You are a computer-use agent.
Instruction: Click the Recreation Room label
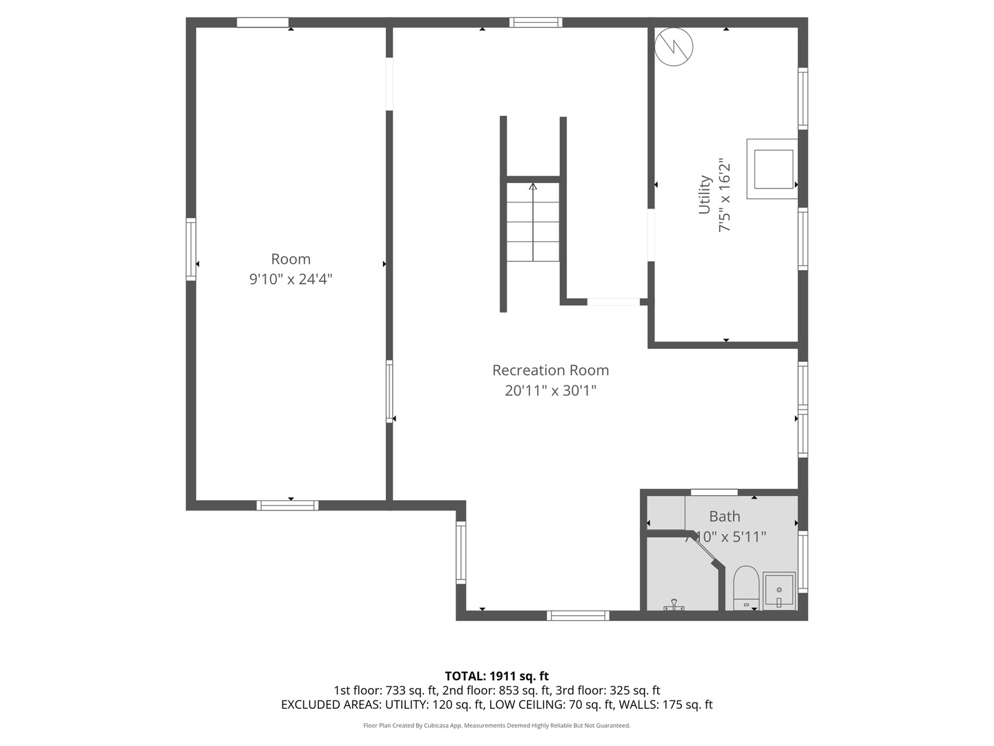pyautogui.click(x=550, y=370)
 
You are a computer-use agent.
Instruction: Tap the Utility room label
pyautogui.click(x=704, y=194)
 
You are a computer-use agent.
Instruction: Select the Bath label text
pyautogui.click(x=724, y=517)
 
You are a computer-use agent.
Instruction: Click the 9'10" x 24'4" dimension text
pyautogui.click(x=291, y=279)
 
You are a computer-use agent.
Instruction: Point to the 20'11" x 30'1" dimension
pyautogui.click(x=550, y=391)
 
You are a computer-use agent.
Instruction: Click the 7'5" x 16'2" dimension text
pyautogui.click(x=724, y=195)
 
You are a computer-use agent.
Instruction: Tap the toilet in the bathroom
pyautogui.click(x=745, y=587)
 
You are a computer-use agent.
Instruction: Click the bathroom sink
pyautogui.click(x=779, y=591)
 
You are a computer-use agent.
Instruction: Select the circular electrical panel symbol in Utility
pyautogui.click(x=674, y=46)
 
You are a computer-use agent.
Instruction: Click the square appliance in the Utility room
pyautogui.click(x=772, y=169)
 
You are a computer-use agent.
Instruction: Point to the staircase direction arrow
pyautogui.click(x=532, y=186)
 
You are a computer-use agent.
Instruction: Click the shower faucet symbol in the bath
pyautogui.click(x=674, y=605)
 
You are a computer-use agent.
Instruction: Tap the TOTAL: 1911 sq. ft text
pyautogui.click(x=496, y=676)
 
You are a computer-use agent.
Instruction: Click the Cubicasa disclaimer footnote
pyautogui.click(x=496, y=725)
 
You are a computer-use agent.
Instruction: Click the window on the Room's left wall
pyautogui.click(x=191, y=249)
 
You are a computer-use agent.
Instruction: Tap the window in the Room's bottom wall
pyautogui.click(x=287, y=505)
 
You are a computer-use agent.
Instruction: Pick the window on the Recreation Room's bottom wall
pyautogui.click(x=578, y=615)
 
